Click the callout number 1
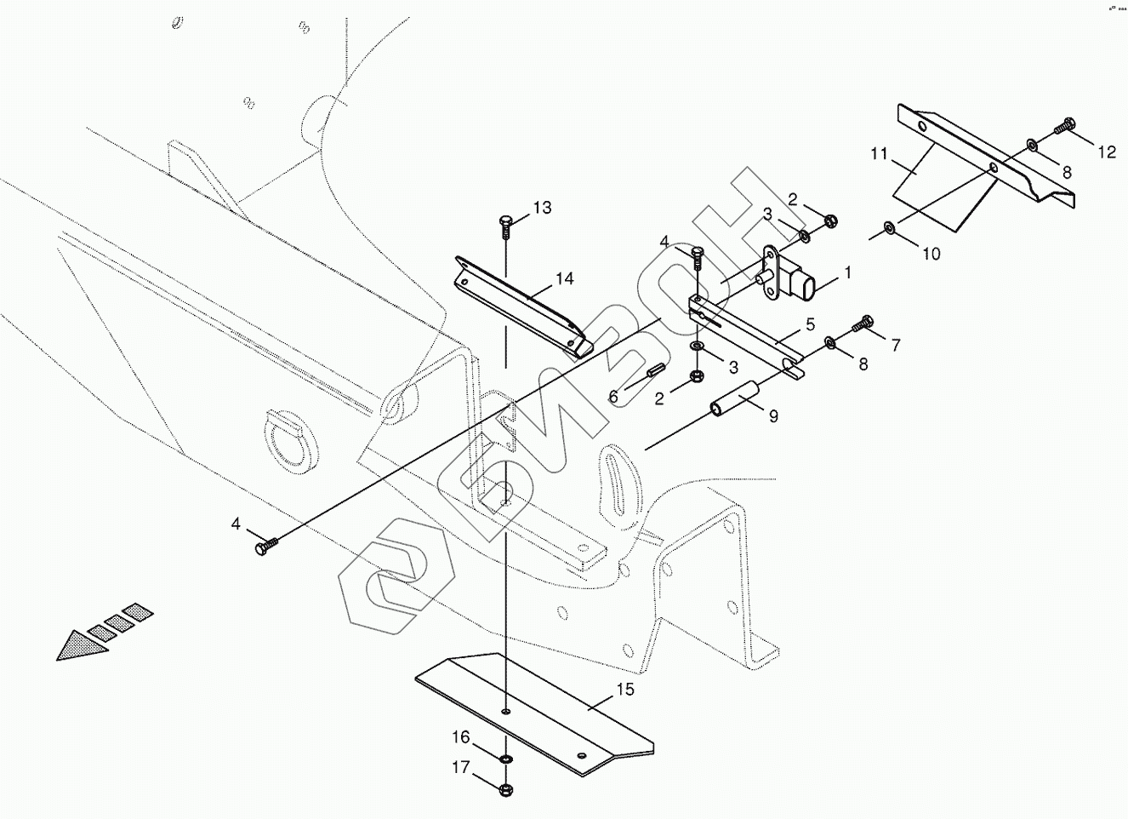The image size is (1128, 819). click(x=846, y=273)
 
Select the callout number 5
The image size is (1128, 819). click(x=810, y=324)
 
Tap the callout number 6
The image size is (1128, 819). click(x=613, y=396)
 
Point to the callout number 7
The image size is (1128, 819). click(x=895, y=345)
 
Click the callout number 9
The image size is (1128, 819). click(x=772, y=416)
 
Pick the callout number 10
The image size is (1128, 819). click(x=931, y=253)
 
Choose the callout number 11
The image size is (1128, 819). click(x=879, y=154)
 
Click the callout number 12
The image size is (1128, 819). click(x=1106, y=152)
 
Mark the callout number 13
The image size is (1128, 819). click(x=542, y=207)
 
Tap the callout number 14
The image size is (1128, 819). click(x=565, y=278)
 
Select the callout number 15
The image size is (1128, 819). click(x=625, y=690)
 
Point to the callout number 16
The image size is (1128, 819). click(x=460, y=737)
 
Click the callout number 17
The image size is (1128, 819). click(x=460, y=768)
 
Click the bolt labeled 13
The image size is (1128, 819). click(x=505, y=225)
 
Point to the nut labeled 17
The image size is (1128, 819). click(x=507, y=787)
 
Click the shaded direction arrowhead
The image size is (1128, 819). click(x=81, y=645)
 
